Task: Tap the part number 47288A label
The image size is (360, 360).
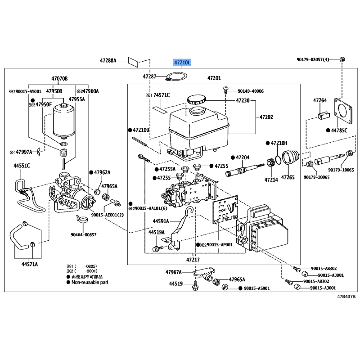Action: tap(108, 60)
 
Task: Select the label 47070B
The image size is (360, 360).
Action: tap(59, 79)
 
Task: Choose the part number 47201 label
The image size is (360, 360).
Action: tap(214, 79)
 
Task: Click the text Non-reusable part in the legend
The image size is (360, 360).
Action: tap(90, 282)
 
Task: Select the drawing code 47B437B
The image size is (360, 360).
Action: tap(346, 297)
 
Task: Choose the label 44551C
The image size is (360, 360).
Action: tap(22, 166)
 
